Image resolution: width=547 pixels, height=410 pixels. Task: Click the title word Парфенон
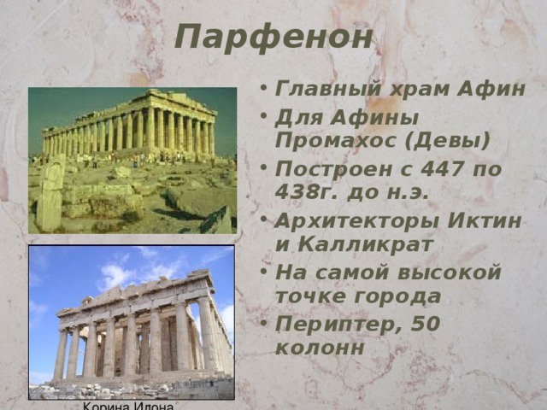pyautogui.click(x=273, y=37)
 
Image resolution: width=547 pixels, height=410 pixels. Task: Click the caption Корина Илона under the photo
pyautogui.click(x=128, y=405)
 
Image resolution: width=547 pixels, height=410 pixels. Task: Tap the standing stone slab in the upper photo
pyautogui.click(x=50, y=195)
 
